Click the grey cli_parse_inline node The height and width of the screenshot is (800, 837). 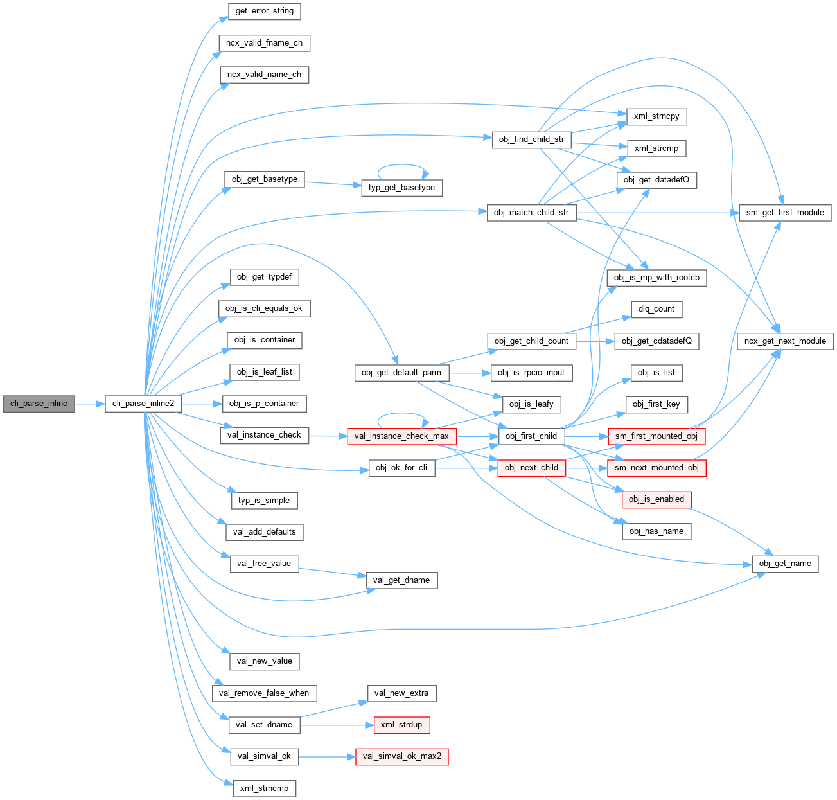pos(39,404)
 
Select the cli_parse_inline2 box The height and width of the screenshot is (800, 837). pos(143,404)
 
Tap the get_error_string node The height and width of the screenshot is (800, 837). pos(265,11)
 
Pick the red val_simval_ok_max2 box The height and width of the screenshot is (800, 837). pos(402,756)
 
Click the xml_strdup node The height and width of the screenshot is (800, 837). pos(401,725)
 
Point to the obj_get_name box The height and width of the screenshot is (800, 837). pos(785,564)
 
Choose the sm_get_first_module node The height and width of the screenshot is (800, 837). pos(785,213)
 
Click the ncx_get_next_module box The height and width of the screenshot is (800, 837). pos(785,341)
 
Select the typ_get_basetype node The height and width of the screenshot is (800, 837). pos(401,188)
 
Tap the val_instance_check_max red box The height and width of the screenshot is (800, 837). pos(401,436)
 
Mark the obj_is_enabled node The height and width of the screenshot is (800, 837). pos(656,499)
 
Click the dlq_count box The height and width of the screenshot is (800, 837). pos(656,309)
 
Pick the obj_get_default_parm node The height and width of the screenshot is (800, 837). pos(401,373)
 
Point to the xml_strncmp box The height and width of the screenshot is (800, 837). pos(264,788)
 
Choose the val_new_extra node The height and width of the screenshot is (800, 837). pos(401,693)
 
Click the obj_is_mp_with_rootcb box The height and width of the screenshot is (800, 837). pos(656,278)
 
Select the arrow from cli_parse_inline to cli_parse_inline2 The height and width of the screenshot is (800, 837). pos(90,404)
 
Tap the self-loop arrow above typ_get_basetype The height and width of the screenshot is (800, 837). pos(401,165)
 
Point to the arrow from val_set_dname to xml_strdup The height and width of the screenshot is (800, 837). pos(337,725)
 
